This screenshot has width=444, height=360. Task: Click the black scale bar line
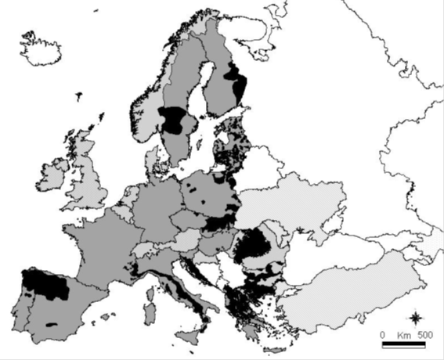[403, 344]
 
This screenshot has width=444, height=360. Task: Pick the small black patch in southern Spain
[52, 323]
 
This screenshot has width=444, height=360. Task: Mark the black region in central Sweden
[176, 121]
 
